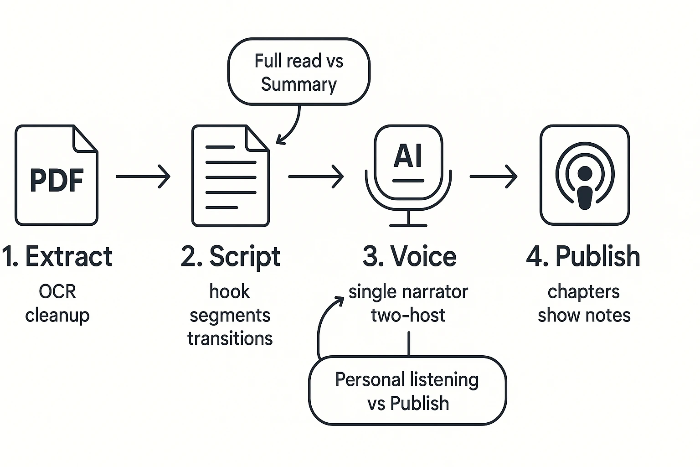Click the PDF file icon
click(57, 176)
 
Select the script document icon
click(230, 176)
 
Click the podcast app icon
click(584, 175)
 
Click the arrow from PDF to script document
click(143, 176)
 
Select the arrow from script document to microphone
click(316, 176)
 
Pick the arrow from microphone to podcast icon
click(494, 176)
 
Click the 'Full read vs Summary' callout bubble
click(299, 72)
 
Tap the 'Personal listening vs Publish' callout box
click(407, 391)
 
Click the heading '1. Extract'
click(57, 256)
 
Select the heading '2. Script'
click(231, 256)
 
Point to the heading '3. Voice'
click(409, 256)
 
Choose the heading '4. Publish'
click(583, 256)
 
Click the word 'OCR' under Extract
click(57, 292)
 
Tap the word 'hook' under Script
click(230, 292)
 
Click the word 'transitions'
click(230, 339)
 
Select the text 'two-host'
click(408, 315)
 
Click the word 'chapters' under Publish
click(583, 292)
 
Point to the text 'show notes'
click(584, 315)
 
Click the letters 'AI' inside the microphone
click(408, 156)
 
